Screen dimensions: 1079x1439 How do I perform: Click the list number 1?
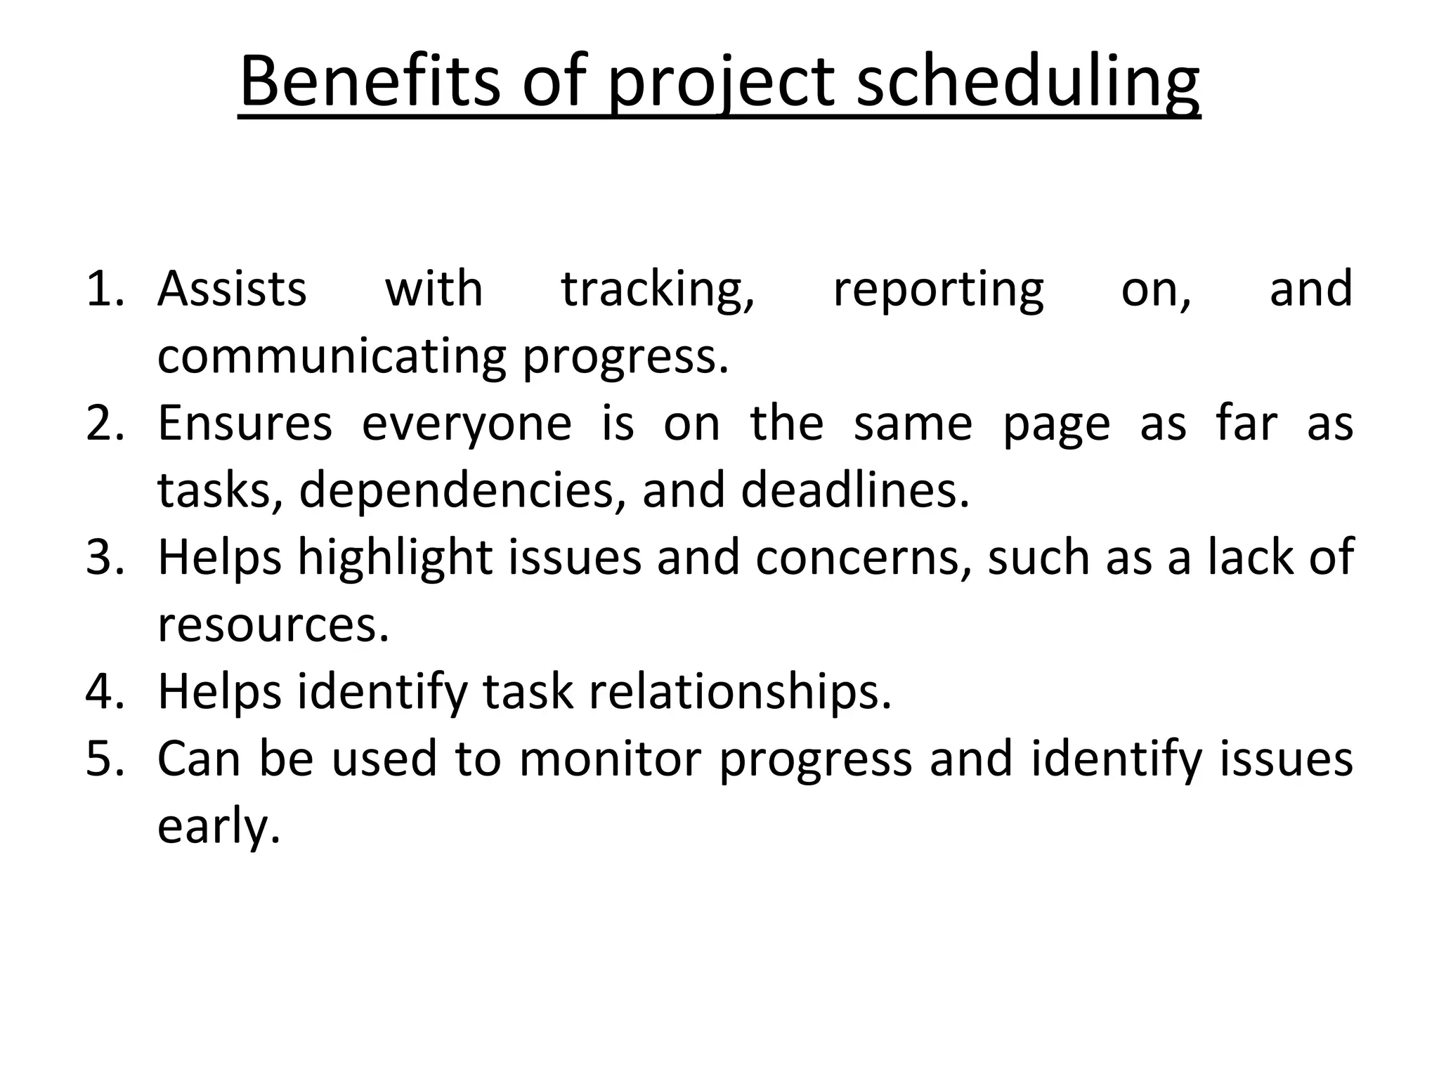tap(104, 289)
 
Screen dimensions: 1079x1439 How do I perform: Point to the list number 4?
tap(104, 692)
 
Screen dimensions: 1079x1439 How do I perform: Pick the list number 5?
tap(104, 759)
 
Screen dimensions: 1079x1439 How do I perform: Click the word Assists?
tap(232, 289)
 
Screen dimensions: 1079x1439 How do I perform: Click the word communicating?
tap(331, 357)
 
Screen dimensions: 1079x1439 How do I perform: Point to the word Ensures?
tap(245, 424)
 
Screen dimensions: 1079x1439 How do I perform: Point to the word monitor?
tap(610, 759)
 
